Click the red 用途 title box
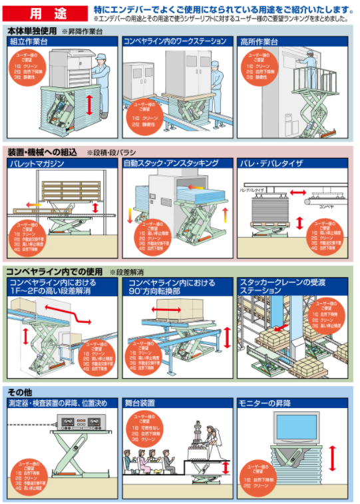[x=47, y=12]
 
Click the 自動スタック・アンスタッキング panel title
[x=171, y=163]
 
